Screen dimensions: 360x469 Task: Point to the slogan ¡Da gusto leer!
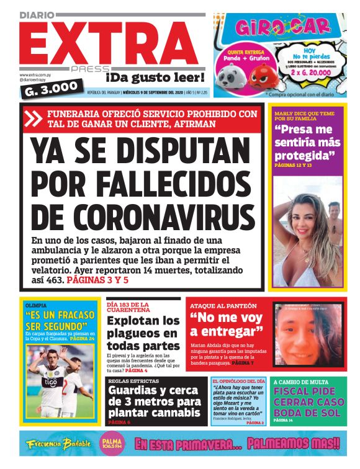click(155, 78)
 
